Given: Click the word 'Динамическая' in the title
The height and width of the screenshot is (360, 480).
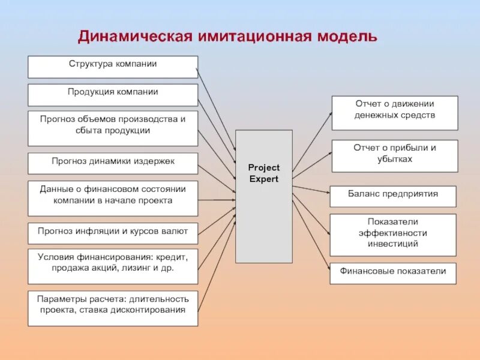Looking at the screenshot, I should (x=134, y=37).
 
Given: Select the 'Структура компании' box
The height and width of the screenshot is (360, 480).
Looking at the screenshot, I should (x=112, y=67).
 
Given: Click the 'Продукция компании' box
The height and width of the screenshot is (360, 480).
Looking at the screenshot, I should (x=112, y=95).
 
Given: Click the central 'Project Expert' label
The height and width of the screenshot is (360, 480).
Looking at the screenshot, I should (x=263, y=173).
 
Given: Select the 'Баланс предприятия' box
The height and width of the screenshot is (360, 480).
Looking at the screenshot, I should (x=393, y=196).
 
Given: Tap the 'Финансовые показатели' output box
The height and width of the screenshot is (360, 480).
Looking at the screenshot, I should (x=393, y=274).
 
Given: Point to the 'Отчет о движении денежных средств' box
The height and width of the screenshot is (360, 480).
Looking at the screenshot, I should (x=395, y=113).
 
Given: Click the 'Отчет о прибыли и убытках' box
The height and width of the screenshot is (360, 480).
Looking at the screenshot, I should (x=395, y=156).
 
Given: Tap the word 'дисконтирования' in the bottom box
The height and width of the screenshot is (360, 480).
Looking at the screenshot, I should (x=153, y=310).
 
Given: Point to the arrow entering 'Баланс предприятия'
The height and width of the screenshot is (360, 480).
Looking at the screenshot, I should (x=312, y=189).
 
